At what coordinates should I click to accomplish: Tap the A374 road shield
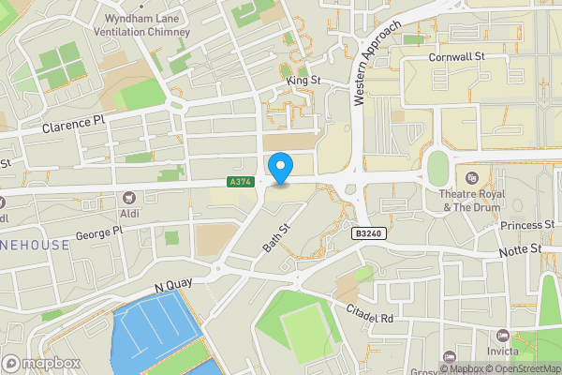240,182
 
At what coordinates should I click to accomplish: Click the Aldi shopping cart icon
128,198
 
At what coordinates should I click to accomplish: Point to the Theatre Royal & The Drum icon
471,177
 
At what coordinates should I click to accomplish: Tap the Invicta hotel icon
504,336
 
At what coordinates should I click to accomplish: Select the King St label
303,82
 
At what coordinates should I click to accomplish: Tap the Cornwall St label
455,57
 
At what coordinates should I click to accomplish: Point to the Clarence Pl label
73,123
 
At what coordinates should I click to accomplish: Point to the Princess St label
527,226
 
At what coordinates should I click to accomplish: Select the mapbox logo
41,363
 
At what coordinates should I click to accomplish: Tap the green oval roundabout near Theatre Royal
437,169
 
